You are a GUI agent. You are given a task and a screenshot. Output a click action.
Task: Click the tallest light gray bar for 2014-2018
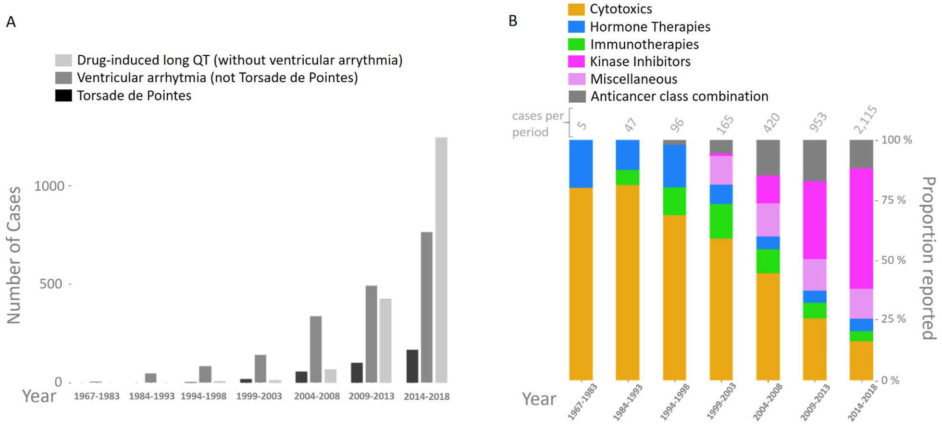[441, 259]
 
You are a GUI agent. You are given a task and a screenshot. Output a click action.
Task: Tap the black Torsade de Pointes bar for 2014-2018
[412, 366]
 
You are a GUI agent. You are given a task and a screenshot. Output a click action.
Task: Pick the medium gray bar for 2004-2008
[316, 349]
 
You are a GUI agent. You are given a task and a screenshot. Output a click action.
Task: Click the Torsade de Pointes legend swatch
[63, 96]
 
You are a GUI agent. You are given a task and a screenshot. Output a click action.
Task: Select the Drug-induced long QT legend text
[239, 60]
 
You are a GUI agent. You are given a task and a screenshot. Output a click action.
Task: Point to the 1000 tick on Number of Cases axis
[49, 186]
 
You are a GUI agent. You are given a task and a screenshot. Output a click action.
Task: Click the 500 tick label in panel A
[50, 284]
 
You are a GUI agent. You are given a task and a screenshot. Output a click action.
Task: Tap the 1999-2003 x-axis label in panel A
[259, 396]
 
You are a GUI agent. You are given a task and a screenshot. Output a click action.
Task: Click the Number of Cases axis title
[13, 255]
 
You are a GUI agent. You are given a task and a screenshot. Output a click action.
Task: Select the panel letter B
[513, 21]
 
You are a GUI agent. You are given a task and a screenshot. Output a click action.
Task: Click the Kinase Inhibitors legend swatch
[576, 61]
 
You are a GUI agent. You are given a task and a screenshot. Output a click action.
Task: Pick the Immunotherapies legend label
[644, 44]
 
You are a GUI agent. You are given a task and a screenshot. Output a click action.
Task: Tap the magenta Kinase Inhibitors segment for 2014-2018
[861, 228]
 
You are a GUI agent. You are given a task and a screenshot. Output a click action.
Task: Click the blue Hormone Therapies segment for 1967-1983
[581, 164]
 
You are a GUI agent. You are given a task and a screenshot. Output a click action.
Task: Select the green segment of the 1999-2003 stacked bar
[721, 221]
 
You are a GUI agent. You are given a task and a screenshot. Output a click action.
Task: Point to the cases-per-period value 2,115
[865, 120]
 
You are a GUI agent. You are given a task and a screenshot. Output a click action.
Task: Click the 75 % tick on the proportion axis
[893, 200]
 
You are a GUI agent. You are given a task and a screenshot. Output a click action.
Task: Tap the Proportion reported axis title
[929, 258]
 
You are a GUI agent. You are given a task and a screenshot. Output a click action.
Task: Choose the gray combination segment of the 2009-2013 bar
[815, 160]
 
